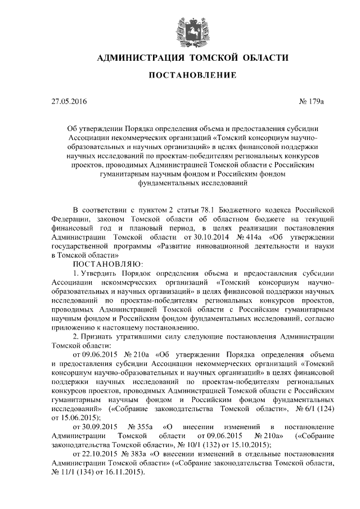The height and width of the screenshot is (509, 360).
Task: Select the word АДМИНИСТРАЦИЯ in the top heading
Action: click(x=138, y=58)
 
